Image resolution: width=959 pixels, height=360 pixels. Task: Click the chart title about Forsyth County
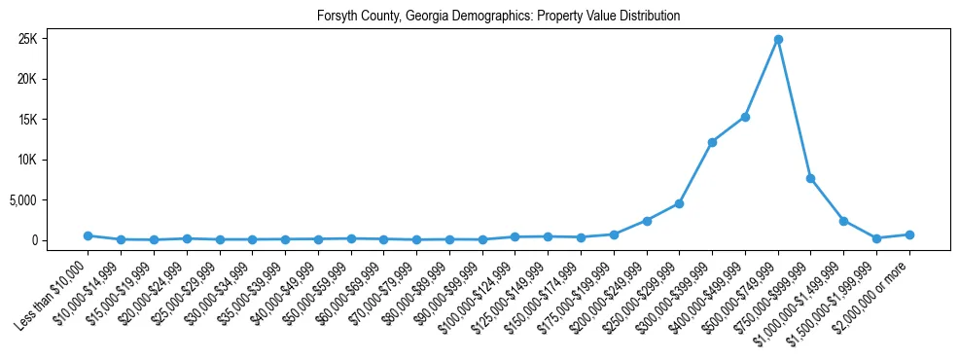[x=498, y=17]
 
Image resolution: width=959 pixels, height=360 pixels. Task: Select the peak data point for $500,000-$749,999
[x=778, y=40]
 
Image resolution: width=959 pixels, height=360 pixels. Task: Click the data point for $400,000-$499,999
[x=745, y=117]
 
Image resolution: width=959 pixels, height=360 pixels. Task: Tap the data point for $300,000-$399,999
[x=712, y=142]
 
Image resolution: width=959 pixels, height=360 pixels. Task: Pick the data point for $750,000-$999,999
[x=810, y=178]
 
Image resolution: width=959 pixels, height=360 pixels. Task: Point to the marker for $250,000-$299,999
[x=679, y=203]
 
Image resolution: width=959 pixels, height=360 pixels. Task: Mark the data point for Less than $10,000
[x=88, y=235]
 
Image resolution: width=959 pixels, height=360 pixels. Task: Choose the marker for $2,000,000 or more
[x=909, y=234]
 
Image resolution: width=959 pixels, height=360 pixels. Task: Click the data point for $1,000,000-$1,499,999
[x=843, y=221]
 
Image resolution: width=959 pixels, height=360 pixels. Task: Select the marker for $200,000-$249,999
[x=647, y=221]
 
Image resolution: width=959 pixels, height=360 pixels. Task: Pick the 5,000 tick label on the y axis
[x=49, y=200]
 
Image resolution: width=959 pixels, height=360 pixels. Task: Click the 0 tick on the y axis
[x=60, y=240]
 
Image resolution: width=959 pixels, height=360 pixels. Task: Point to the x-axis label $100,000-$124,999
[x=479, y=289]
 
